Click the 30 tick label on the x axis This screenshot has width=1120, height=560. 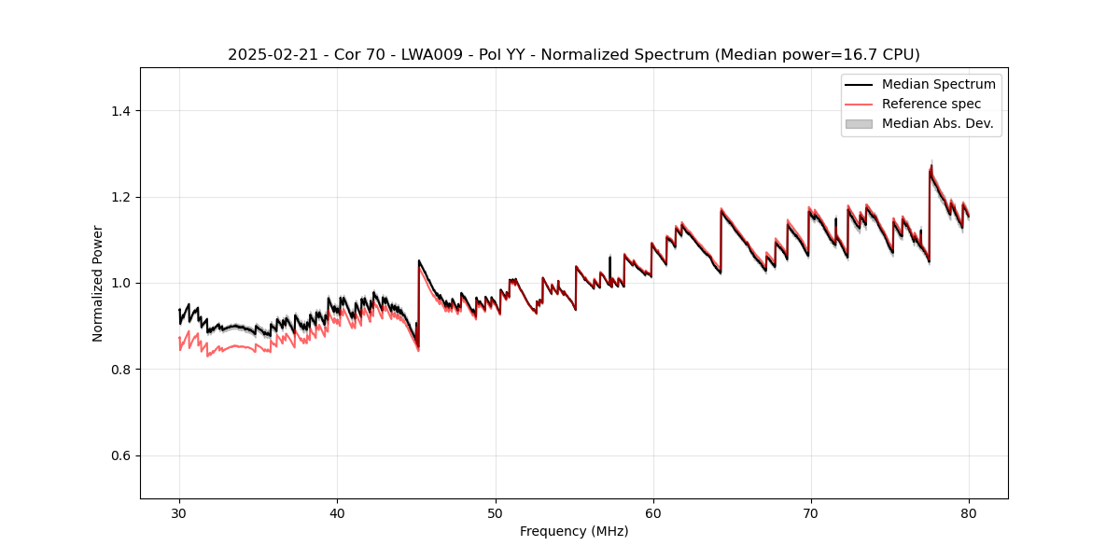[x=179, y=512]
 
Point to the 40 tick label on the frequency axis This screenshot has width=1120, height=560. [x=337, y=512]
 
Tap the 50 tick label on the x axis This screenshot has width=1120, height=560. [x=496, y=512]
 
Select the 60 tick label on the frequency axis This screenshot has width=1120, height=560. [x=653, y=512]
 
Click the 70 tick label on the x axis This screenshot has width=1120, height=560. [x=811, y=512]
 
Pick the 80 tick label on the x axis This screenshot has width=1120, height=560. [x=969, y=512]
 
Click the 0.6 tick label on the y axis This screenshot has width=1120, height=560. [x=120, y=455]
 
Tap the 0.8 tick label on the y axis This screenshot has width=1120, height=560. [x=120, y=370]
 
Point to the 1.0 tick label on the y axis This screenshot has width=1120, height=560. [x=120, y=283]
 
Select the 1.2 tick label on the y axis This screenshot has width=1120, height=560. [x=120, y=197]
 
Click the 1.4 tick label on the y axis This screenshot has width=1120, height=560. [x=120, y=111]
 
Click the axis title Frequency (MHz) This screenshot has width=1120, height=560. [x=574, y=531]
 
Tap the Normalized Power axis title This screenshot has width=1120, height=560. [x=98, y=283]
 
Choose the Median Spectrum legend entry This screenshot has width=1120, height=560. [x=938, y=84]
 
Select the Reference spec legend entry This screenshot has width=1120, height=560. [x=931, y=104]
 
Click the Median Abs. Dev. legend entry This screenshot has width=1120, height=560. [x=937, y=123]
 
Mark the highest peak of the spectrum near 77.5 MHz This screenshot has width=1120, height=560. [x=931, y=166]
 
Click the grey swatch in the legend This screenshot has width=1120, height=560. [x=859, y=123]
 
